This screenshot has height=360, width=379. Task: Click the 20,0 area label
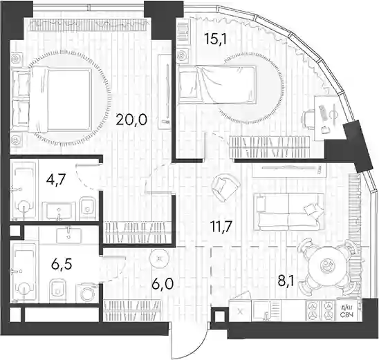(131, 120)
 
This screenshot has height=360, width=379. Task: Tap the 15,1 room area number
(215, 39)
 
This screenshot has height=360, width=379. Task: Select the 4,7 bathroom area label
(57, 180)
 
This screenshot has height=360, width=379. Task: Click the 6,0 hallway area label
(163, 284)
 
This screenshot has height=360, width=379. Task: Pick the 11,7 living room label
(221, 227)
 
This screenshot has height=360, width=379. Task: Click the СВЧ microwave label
(346, 314)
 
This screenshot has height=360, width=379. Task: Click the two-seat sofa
(288, 211)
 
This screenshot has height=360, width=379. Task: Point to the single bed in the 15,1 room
(216, 84)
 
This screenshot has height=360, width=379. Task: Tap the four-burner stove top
(321, 310)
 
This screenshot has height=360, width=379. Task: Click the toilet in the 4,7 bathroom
(88, 205)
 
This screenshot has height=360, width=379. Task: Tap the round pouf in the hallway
(159, 258)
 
